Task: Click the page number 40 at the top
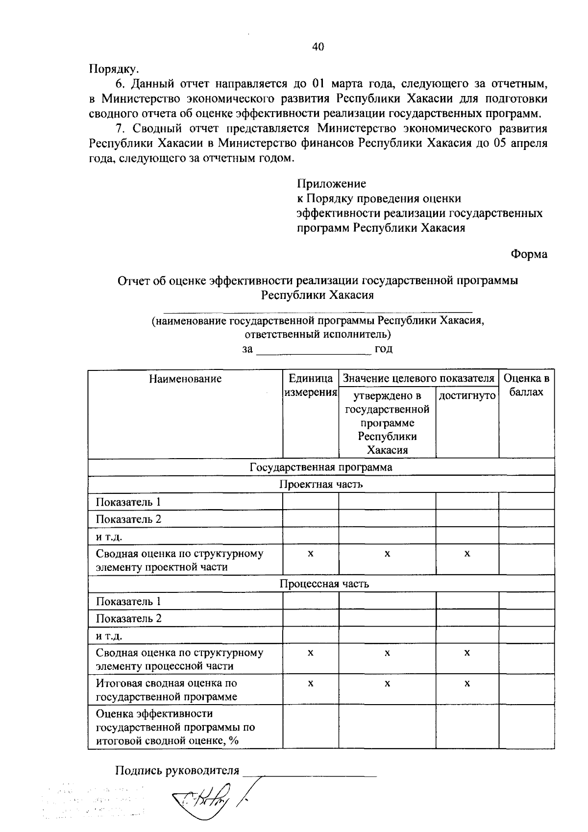click(318, 47)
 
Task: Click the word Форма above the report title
click(529, 254)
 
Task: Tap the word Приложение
click(331, 184)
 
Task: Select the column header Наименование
click(185, 378)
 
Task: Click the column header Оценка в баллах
click(526, 385)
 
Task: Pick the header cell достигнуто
click(467, 395)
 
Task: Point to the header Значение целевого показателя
click(418, 378)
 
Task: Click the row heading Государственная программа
click(321, 467)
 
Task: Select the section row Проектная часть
click(321, 485)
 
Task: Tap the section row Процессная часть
click(324, 584)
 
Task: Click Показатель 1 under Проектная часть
click(128, 502)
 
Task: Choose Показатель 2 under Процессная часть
click(128, 618)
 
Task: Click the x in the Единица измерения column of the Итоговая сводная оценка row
click(310, 683)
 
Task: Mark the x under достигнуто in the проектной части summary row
click(467, 554)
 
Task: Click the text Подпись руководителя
click(177, 771)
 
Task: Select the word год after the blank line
click(384, 349)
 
